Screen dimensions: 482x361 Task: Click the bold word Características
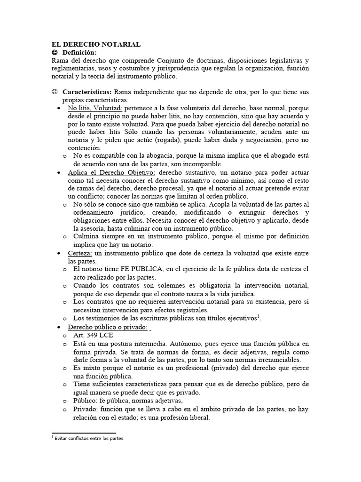click(87, 92)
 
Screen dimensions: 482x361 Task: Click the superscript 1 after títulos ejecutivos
click(258, 316)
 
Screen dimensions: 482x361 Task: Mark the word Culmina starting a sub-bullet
click(87, 237)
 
